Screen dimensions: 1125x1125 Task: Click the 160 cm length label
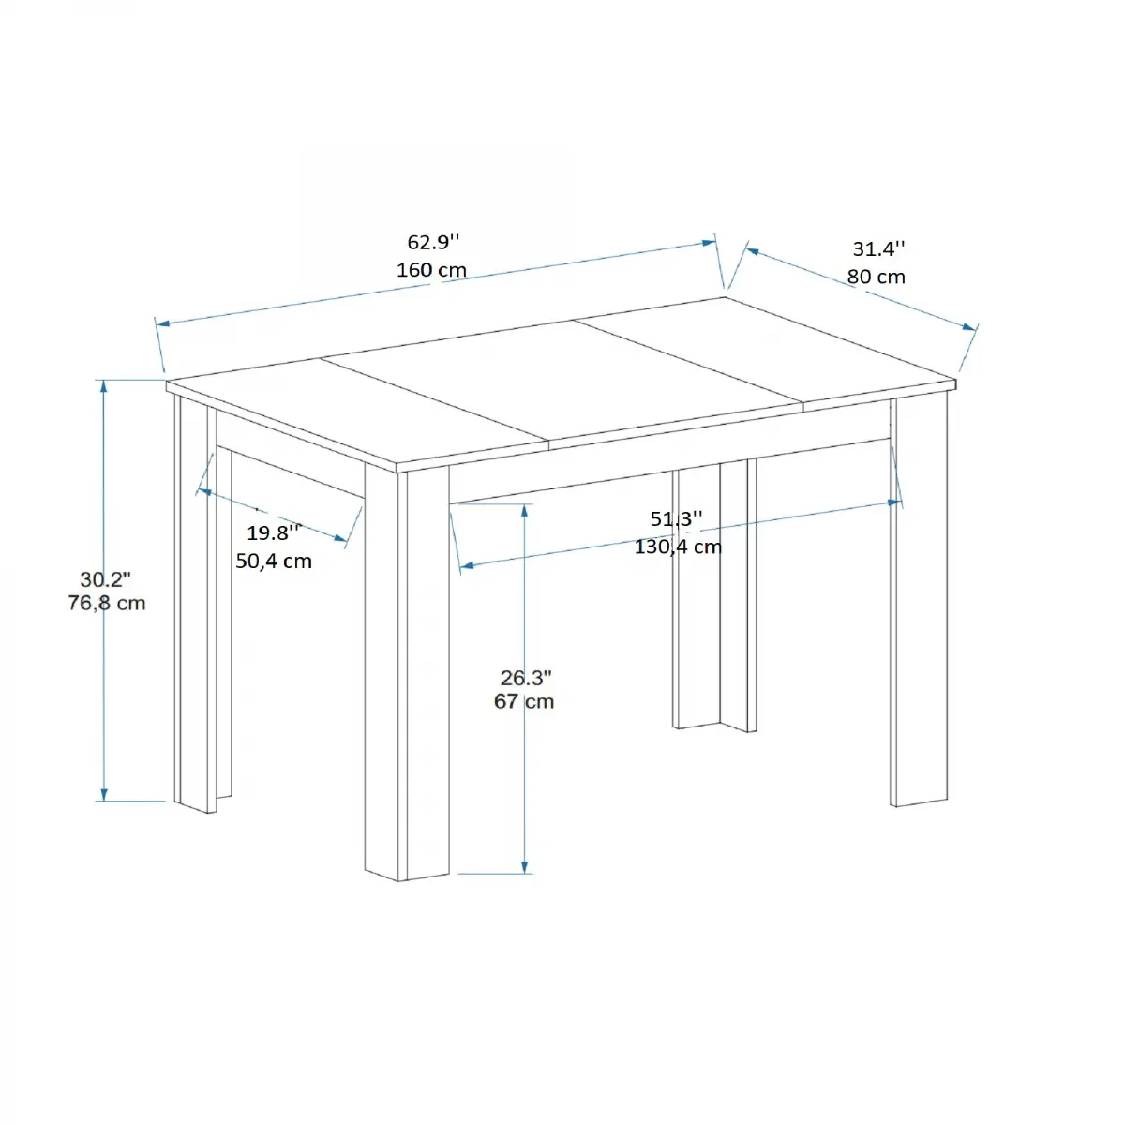[431, 270]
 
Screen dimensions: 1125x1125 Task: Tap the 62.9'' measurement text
[433, 242]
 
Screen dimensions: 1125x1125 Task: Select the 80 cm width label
[877, 277]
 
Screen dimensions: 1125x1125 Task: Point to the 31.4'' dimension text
[878, 248]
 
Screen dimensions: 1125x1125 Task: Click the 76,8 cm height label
[107, 603]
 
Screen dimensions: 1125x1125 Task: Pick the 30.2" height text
[105, 579]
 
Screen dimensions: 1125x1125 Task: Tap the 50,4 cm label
[274, 561]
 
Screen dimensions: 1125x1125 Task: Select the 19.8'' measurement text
[274, 533]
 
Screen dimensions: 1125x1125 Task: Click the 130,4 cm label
[678, 546]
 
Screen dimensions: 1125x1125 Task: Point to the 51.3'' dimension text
[676, 519]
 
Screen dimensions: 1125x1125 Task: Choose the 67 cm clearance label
[524, 701]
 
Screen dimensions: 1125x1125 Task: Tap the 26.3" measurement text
[526, 677]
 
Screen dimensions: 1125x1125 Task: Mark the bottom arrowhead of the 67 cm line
[525, 868]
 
